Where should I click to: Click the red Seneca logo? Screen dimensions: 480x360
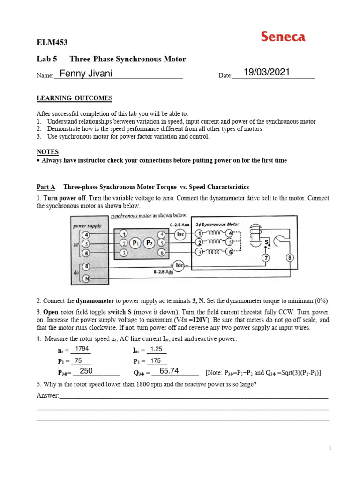pos(283,37)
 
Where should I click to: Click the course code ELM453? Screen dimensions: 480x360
pos(52,43)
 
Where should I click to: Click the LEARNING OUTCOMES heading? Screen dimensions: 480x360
pos(75,98)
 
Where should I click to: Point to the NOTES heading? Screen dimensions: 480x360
pos(47,152)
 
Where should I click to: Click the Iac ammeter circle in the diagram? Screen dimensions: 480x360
pos(180,233)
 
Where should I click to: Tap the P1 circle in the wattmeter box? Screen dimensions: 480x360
pos(135,243)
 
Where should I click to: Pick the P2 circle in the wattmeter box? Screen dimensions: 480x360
pos(150,243)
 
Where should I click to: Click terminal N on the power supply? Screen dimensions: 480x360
pos(86,278)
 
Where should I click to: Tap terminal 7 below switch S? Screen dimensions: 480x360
pos(266,258)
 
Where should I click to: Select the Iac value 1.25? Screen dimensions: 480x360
pos(156,349)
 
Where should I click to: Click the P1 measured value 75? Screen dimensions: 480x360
pos(78,360)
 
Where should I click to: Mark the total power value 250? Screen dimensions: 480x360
pos(87,371)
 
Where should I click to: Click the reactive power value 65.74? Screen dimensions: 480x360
pos(169,371)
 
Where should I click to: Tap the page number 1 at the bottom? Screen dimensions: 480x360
pos(330,448)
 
